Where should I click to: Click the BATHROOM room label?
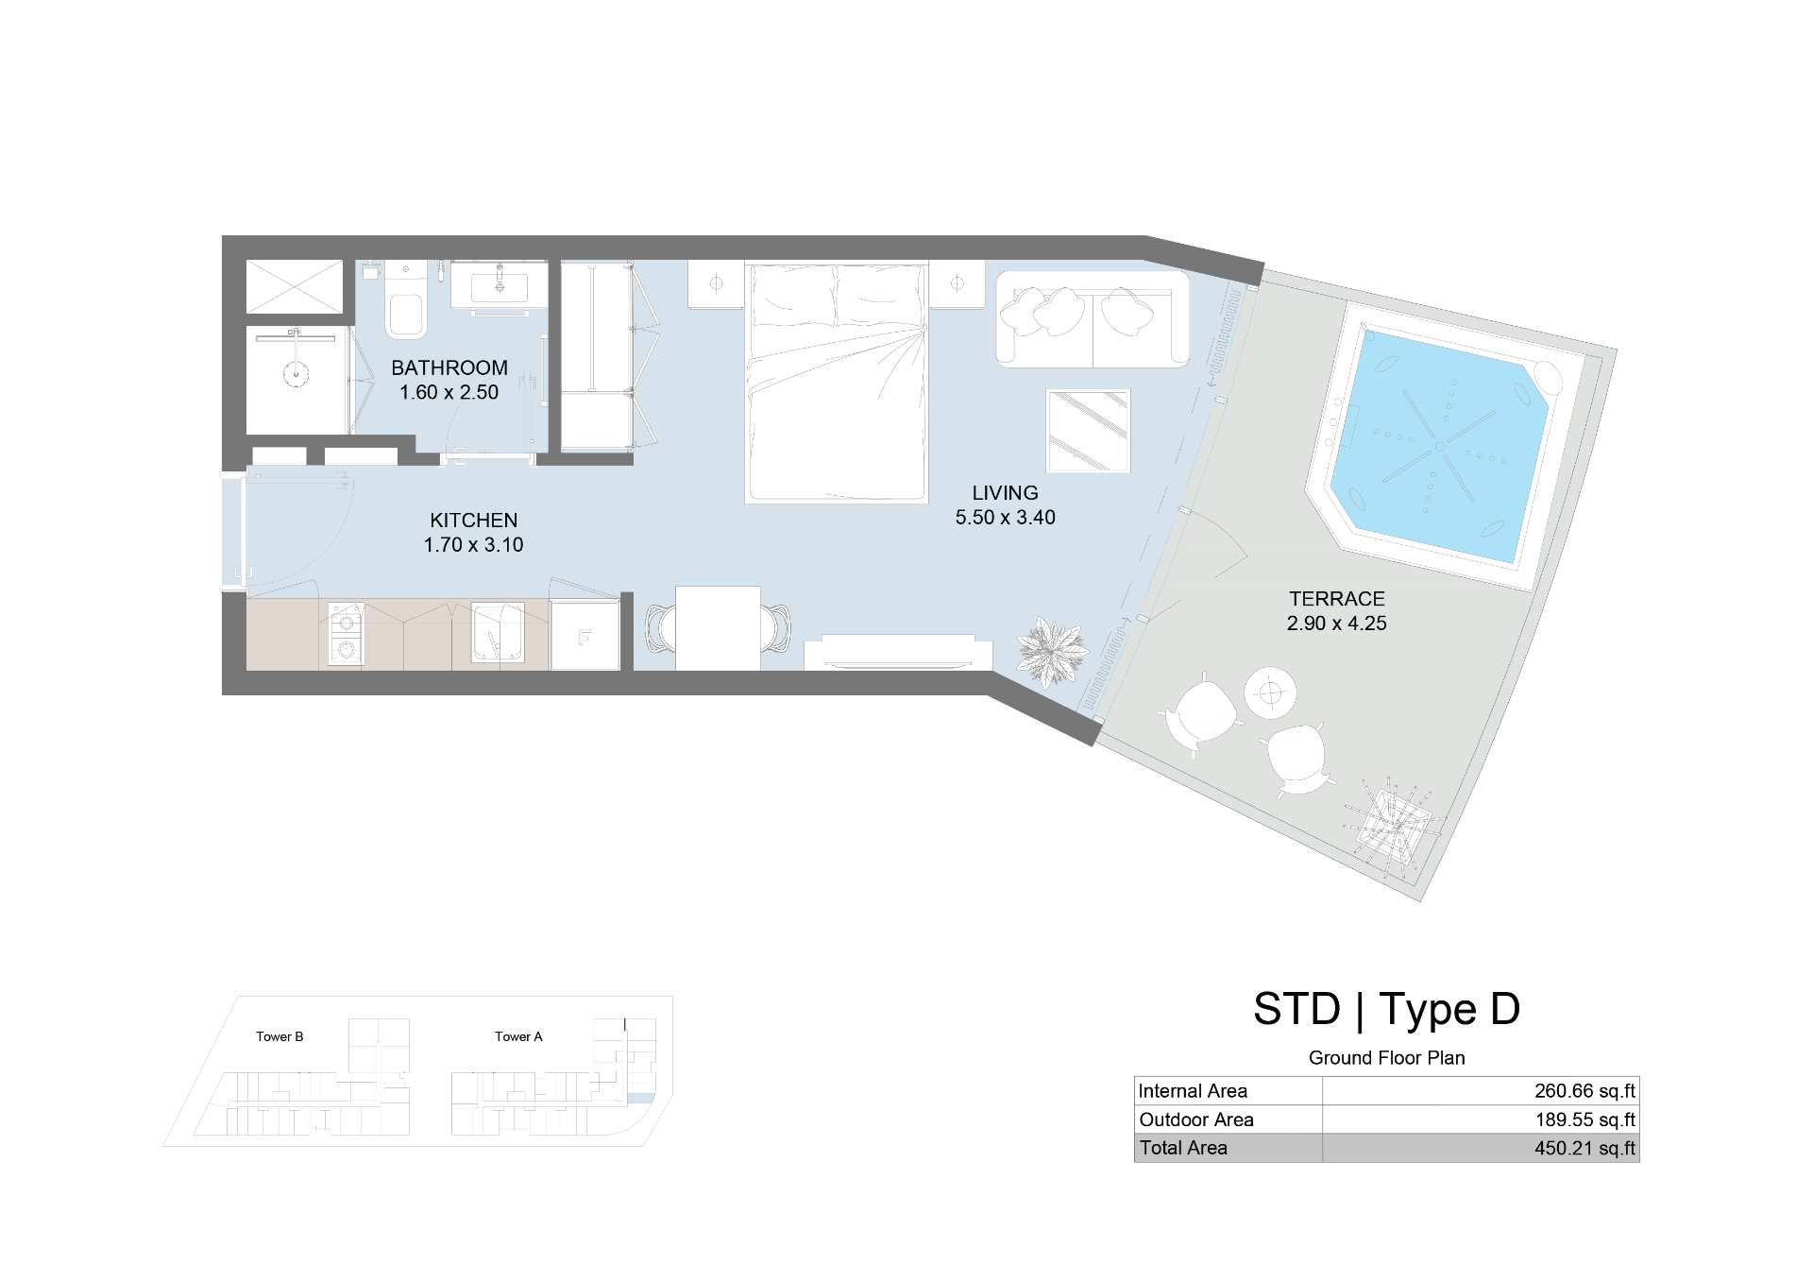pos(449,368)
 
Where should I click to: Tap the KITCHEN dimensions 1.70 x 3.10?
pos(473,544)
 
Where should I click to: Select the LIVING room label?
pos(1005,492)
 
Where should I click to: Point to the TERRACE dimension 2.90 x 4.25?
pos(1336,623)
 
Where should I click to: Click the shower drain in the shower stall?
pos(296,372)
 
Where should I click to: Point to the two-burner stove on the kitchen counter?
pos(347,634)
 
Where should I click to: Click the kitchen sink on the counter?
pos(497,632)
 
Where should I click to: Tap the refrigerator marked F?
pos(585,634)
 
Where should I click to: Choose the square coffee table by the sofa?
pos(1088,431)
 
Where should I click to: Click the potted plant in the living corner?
pos(1051,650)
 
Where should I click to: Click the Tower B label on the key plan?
pos(280,1036)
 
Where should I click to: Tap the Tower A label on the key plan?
pos(518,1036)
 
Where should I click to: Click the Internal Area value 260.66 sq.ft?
pos(1584,1091)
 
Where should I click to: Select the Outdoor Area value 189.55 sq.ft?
pos(1584,1120)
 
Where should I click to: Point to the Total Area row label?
pos(1183,1148)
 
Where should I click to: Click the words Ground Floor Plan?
pos(1386,1058)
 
